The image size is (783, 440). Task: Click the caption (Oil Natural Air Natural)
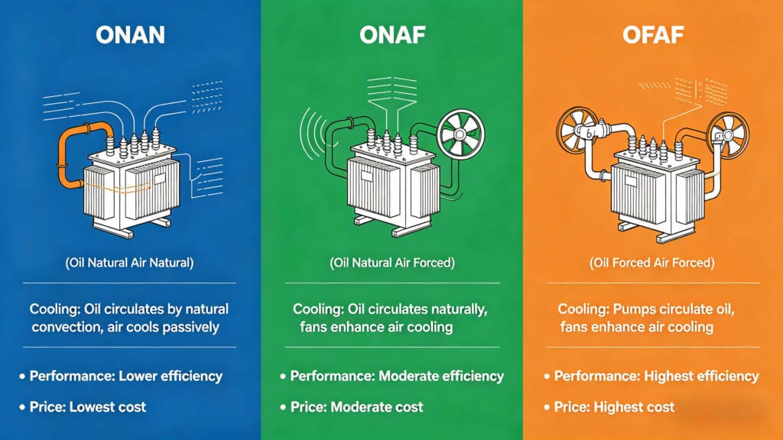coord(129,262)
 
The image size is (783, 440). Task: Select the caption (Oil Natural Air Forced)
coord(391,262)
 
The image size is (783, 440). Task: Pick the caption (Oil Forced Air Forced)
coord(651,262)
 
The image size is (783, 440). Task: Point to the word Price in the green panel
coord(308,406)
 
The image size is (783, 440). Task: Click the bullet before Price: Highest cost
coord(547,406)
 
